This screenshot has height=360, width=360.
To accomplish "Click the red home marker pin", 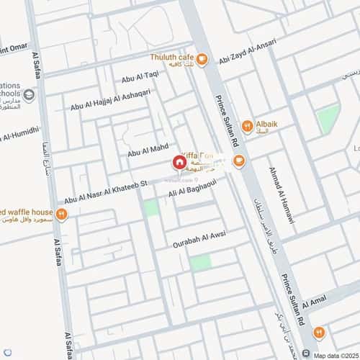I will coord(178,163).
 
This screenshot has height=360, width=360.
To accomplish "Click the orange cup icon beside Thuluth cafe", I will coord(202,60).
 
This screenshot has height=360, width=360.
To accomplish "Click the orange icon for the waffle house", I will coord(62,215).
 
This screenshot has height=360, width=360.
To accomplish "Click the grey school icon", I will coord(29,95).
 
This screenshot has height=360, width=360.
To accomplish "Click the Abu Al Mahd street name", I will coord(148,150).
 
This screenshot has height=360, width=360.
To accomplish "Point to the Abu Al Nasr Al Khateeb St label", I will coord(105,191).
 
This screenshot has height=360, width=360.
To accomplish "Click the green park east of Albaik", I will coord(328,117).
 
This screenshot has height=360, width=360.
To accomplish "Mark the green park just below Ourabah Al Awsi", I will coord(201,262).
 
